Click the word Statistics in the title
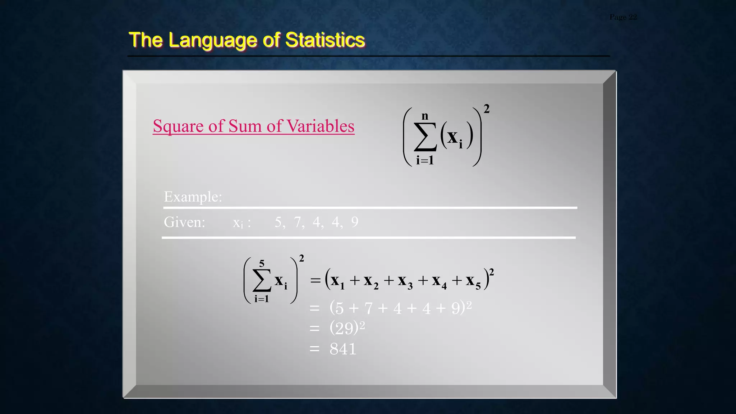pyautogui.click(x=325, y=40)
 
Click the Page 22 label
pyautogui.click(x=623, y=17)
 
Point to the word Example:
pyautogui.click(x=193, y=197)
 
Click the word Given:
pyautogui.click(x=184, y=222)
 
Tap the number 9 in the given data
pyautogui.click(x=355, y=222)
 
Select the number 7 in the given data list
pyautogui.click(x=298, y=222)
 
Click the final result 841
pyautogui.click(x=343, y=349)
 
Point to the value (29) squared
pyautogui.click(x=347, y=327)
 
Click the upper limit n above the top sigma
pyautogui.click(x=425, y=116)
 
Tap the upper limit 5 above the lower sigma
pyautogui.click(x=262, y=263)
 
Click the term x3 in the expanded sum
pyautogui.click(x=405, y=281)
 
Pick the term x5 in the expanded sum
pyautogui.click(x=473, y=281)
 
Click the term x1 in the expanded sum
pyautogui.click(x=337, y=281)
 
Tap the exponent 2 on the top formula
pyautogui.click(x=486, y=109)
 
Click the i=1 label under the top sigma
pyautogui.click(x=425, y=160)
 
